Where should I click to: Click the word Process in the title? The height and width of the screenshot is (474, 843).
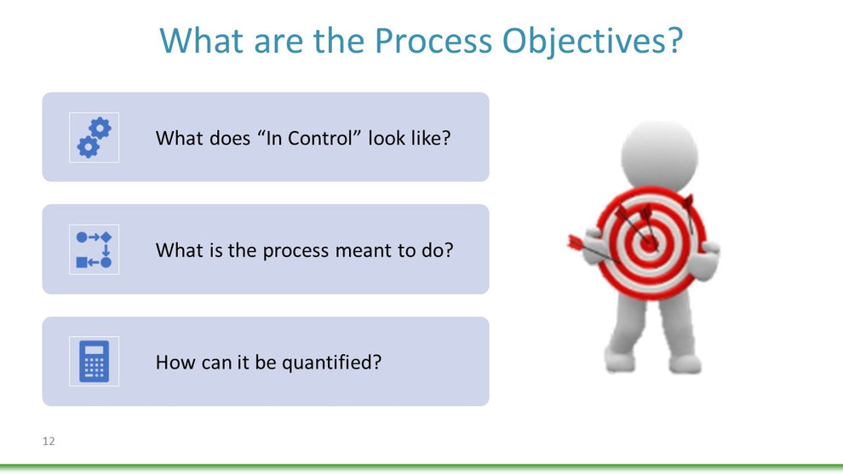433,40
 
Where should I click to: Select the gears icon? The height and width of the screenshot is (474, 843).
94,138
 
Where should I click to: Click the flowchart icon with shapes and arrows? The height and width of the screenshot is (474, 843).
94,249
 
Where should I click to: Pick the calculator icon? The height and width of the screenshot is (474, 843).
94,361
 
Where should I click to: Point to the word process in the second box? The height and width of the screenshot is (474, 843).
295,251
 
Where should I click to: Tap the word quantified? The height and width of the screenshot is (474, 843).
331,363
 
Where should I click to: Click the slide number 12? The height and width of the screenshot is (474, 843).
49,441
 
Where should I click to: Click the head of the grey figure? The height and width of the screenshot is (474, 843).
660,154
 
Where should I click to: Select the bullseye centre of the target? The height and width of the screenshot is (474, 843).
650,244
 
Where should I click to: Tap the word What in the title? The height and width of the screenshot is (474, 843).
202,40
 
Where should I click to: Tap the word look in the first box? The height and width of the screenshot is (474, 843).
386,138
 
